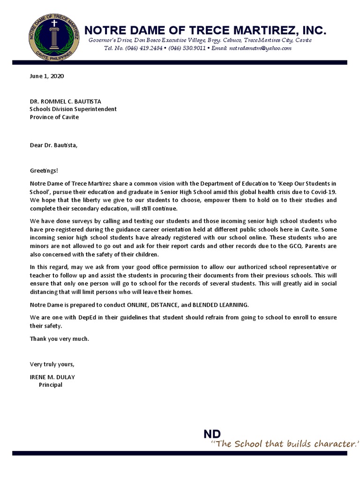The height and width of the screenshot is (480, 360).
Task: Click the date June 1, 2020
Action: coord(47,75)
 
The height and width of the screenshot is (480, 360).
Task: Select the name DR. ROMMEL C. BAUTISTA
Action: coord(65,101)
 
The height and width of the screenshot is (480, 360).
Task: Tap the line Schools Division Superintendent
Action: coord(74,109)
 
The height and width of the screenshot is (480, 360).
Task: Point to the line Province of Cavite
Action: coord(54,117)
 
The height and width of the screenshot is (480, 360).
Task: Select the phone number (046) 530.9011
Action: coord(187,48)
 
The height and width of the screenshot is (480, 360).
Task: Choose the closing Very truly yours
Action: coord(52,364)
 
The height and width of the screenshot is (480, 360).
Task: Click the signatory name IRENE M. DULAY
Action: coord(52,377)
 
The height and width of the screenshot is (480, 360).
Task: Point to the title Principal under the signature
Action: coord(50,385)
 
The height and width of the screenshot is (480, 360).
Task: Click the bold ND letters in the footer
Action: coord(212,434)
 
